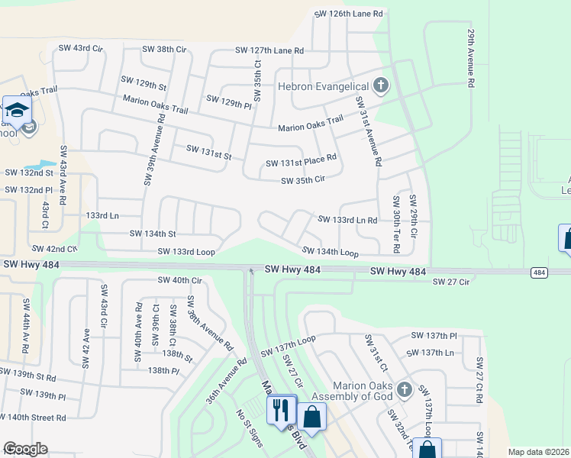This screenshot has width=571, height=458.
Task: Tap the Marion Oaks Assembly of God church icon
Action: click(405, 390)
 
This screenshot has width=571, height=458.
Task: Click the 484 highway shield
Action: click(539, 273)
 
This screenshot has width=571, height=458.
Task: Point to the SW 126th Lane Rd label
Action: click(349, 15)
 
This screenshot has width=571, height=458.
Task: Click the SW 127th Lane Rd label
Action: click(269, 50)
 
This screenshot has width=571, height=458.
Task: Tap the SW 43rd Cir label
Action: click(81, 48)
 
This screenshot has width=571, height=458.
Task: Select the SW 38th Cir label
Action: click(164, 49)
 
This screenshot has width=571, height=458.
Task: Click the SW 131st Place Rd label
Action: click(301, 163)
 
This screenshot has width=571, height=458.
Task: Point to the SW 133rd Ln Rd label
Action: click(347, 220)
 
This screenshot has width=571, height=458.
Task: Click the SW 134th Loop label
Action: click(330, 251)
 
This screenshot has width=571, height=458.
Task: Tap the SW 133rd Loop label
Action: click(186, 251)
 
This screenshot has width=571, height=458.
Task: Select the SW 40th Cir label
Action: click(179, 280)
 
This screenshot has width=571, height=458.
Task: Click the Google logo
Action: click(24, 449)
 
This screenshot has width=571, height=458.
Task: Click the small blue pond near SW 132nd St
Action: click(40, 164)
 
